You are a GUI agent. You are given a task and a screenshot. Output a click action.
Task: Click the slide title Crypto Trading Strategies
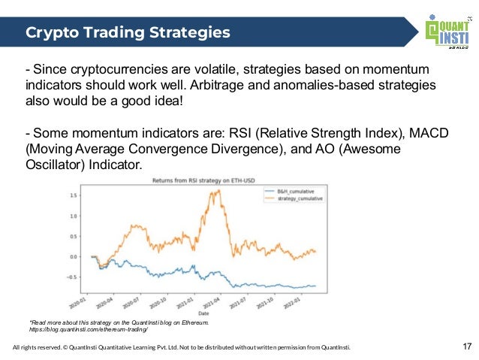point(128,33)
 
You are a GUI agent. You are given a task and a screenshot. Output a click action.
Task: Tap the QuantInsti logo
point(448,32)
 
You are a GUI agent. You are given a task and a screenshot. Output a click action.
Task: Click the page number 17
point(467,347)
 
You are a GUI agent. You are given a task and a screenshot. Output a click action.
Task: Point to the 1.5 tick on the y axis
point(74,195)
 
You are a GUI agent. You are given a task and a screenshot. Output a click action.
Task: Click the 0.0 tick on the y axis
point(74,256)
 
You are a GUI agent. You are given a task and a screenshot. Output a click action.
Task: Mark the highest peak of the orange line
point(218,190)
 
